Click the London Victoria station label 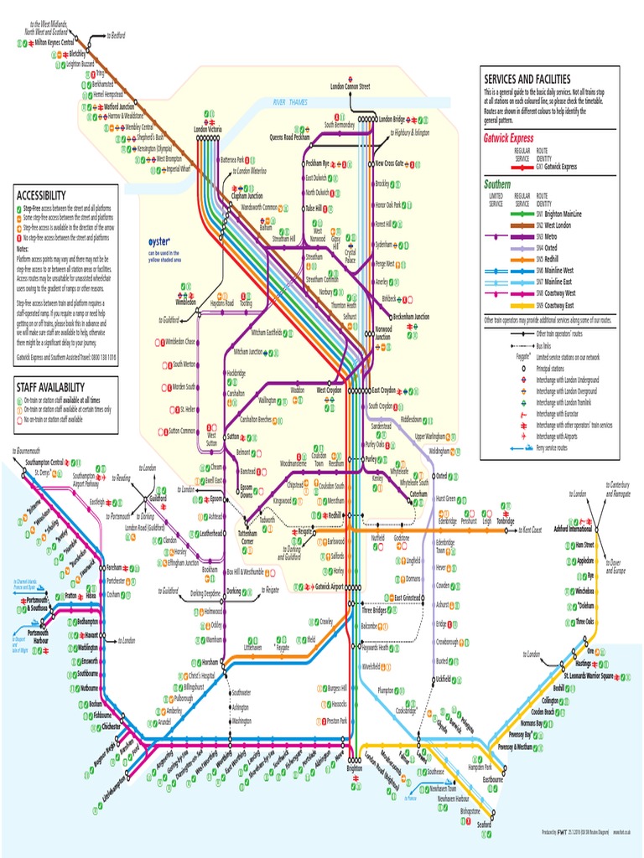click(x=207, y=130)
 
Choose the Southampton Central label click(x=44, y=463)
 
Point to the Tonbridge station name click(x=506, y=520)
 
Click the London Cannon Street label click(x=350, y=86)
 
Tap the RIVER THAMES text click(x=289, y=102)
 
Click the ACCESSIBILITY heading click(x=41, y=195)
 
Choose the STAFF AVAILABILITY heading click(x=50, y=386)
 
